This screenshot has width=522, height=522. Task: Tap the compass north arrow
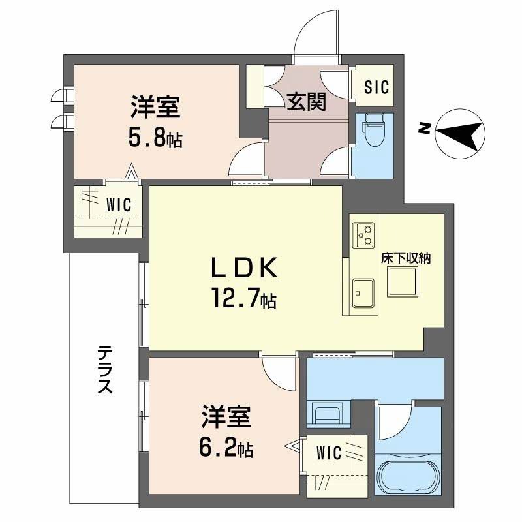pyautogui.click(x=461, y=132)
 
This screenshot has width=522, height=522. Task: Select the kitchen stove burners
pyautogui.click(x=363, y=235)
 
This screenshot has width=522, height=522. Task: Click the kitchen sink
pyautogui.click(x=362, y=291)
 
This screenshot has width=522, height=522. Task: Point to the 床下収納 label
pyautogui.click(x=405, y=258)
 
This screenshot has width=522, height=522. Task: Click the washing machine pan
pyautogui.click(x=328, y=415)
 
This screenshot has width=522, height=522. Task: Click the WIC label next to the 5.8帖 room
pyautogui.click(x=118, y=205)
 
